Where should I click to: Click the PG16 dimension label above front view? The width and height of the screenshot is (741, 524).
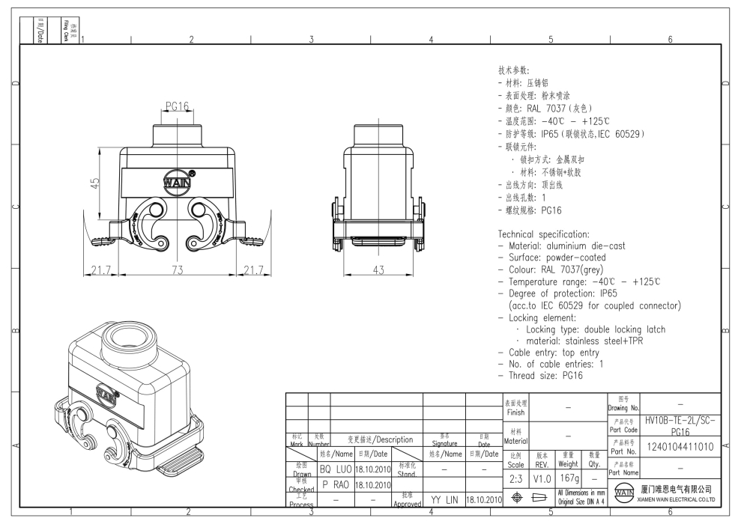[x=176, y=106]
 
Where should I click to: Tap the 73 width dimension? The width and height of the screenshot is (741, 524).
[x=176, y=270]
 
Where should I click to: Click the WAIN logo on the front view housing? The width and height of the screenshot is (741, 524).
[x=176, y=183]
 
